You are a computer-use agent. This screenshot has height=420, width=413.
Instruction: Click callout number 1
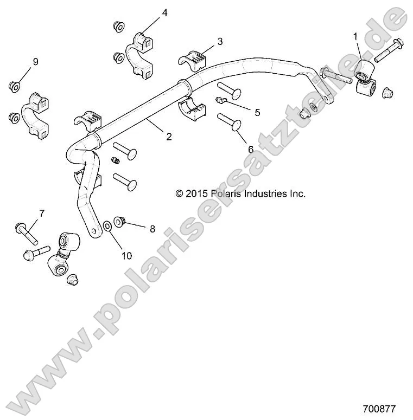coord(355,36)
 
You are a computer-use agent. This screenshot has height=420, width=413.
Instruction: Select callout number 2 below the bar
coord(169,137)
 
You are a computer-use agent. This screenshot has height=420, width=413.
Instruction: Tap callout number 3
coord(220,41)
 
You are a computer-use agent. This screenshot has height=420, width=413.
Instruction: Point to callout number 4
coord(164,12)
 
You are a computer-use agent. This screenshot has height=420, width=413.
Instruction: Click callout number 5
coord(257,112)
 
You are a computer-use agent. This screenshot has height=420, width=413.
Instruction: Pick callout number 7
coord(41,212)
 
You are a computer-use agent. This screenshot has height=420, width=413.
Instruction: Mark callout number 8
coord(152,229)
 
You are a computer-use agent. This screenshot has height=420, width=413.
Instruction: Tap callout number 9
coord(35,62)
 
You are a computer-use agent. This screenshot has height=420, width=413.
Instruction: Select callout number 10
coord(126,255)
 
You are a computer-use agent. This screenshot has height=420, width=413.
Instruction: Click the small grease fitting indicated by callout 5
coord(220,100)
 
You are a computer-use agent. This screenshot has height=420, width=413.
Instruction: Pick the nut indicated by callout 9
coord(15,85)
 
